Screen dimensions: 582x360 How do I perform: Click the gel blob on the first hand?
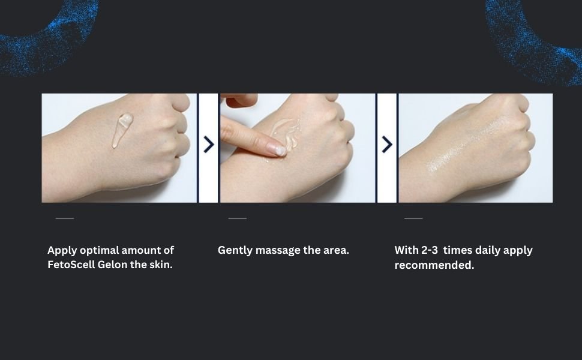(122, 129)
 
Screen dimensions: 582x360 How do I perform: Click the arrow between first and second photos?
(209, 145)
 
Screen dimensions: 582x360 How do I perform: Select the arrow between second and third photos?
(387, 145)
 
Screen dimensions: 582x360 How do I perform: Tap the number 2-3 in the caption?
(430, 250)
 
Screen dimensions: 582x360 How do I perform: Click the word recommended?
(434, 265)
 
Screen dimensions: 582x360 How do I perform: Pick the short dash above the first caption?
(65, 218)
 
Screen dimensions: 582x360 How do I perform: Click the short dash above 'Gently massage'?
(238, 218)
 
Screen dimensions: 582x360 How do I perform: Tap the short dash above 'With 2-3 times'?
(413, 218)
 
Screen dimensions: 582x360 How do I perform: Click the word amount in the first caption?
(142, 251)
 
